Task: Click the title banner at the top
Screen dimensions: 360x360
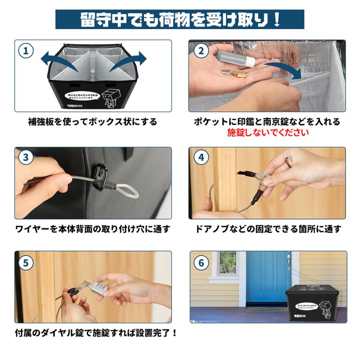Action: (180, 19)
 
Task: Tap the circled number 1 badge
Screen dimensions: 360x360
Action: (26, 51)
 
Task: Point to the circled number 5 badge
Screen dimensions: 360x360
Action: (26, 263)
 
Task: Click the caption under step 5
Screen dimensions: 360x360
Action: (96, 333)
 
